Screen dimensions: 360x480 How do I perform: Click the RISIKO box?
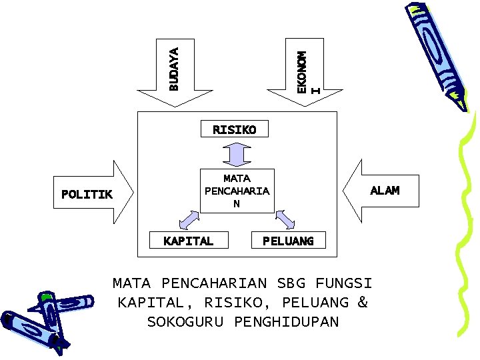(x=235, y=129)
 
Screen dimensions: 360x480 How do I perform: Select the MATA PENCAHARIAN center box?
(x=237, y=191)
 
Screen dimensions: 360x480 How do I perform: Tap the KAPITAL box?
(x=189, y=241)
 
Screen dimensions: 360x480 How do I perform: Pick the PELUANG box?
(x=288, y=241)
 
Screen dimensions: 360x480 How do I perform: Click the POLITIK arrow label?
(x=87, y=194)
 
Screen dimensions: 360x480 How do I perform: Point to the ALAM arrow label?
(x=385, y=190)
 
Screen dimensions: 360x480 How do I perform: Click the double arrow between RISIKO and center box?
(x=236, y=154)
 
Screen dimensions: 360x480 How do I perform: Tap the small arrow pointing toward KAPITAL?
(x=189, y=219)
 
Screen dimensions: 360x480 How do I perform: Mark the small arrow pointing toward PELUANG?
(x=285, y=219)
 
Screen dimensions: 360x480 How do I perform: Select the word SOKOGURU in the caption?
(x=187, y=322)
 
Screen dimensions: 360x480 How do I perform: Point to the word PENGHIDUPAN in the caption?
(x=287, y=322)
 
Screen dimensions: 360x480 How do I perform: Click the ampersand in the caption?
(x=362, y=302)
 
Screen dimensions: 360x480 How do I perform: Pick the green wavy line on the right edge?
(x=466, y=227)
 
